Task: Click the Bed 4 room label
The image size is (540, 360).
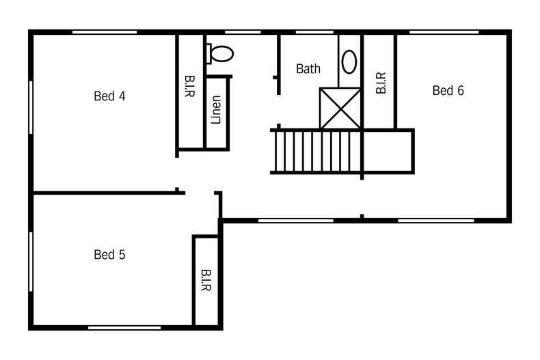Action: click(109, 96)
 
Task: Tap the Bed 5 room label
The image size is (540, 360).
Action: click(109, 255)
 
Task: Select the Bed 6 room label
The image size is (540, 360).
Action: click(448, 91)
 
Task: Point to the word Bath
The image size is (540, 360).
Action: click(308, 69)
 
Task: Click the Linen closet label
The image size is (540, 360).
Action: click(216, 110)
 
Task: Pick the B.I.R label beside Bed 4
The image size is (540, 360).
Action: click(190, 86)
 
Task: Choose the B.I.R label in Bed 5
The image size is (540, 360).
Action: click(206, 280)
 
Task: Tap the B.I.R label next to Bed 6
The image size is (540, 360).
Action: click(381, 83)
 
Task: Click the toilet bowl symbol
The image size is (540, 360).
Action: click(222, 54)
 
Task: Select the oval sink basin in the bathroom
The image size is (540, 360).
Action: click(349, 62)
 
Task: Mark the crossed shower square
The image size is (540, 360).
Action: click(340, 109)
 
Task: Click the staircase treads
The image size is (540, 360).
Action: click(318, 152)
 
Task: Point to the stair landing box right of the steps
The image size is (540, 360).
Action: click(388, 152)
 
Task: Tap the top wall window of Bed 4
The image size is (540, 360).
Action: click(105, 32)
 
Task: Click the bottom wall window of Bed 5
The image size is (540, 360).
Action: click(124, 328)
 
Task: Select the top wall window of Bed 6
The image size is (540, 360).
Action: click(444, 32)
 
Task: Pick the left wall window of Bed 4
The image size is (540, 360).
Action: click(31, 107)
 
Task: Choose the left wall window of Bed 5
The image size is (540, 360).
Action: click(31, 262)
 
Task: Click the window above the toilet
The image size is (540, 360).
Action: click(243, 32)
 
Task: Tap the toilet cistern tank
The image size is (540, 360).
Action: click(208, 54)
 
